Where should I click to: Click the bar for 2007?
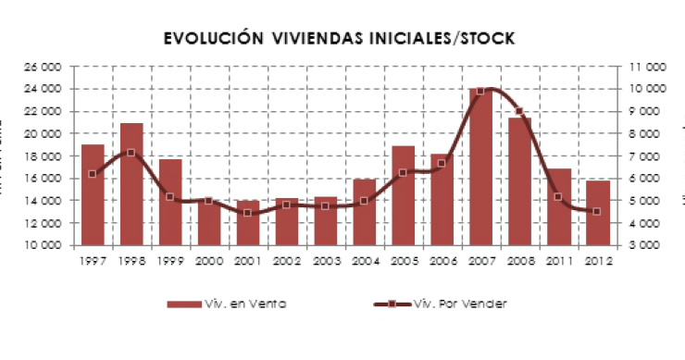point(480,167)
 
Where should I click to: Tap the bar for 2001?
point(248,223)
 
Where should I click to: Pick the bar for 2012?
point(598,213)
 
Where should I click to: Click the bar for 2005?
point(403,195)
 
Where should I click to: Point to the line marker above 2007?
point(480,91)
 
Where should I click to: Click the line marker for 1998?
point(131,153)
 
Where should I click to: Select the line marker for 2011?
point(558,196)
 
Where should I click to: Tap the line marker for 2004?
point(364,201)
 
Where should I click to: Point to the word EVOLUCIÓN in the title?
point(208,38)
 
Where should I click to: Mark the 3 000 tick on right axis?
point(648,245)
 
